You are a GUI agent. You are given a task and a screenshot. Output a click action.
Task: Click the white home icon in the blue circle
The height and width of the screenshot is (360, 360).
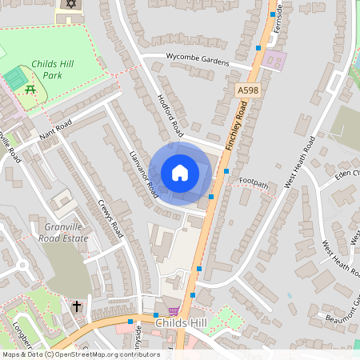click(x=180, y=173)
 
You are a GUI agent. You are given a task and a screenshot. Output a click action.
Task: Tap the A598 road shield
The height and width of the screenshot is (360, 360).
click(x=248, y=92)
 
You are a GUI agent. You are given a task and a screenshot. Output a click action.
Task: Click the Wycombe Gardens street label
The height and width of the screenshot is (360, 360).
click(x=197, y=59)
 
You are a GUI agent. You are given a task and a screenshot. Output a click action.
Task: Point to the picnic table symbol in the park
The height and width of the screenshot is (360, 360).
click(x=30, y=90)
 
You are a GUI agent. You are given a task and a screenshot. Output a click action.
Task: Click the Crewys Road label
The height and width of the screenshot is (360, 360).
click(x=111, y=218)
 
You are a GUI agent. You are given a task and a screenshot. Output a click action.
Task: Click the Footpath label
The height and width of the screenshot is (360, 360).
click(x=254, y=183)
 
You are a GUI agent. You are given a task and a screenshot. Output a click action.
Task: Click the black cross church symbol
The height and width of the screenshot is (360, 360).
click(x=77, y=306)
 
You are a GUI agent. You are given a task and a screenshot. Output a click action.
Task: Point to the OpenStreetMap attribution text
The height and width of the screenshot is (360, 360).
click(x=70, y=354)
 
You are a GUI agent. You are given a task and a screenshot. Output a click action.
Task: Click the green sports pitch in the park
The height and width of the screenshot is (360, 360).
click(x=14, y=79)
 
